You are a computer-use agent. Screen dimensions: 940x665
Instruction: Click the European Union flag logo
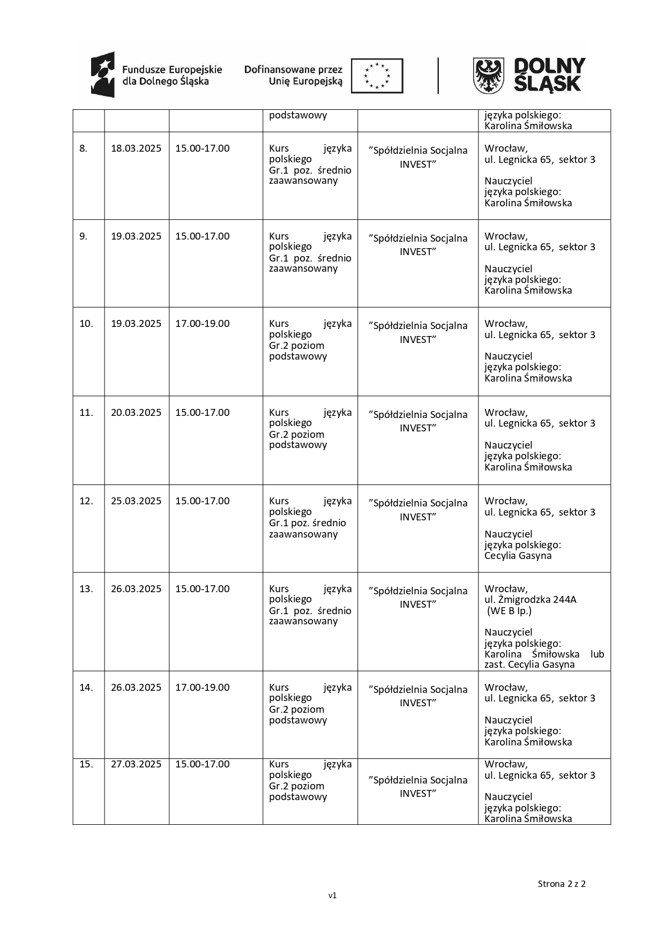tap(377, 76)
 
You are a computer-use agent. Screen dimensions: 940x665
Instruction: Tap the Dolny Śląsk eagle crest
tap(488, 76)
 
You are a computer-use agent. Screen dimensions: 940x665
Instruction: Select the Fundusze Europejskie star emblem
tap(103, 74)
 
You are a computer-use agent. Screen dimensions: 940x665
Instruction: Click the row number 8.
tap(83, 148)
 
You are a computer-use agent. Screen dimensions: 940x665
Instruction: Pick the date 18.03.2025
tap(136, 148)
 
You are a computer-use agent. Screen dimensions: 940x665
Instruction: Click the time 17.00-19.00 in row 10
tap(203, 324)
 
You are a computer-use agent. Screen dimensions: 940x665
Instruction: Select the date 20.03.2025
tap(136, 413)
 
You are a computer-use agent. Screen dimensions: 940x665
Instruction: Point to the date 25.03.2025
tap(136, 501)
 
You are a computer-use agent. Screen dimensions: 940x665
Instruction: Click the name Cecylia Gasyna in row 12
tap(518, 556)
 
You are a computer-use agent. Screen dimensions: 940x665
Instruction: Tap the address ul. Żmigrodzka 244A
tap(530, 600)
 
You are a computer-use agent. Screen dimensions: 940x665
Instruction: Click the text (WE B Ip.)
tap(509, 611)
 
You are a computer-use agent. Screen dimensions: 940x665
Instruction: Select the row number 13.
tap(86, 589)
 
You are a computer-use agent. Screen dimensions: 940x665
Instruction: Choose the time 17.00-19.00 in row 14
tap(203, 688)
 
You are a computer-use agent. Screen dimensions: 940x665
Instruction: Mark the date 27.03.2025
tap(136, 764)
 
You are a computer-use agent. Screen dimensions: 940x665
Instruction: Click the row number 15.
tap(86, 764)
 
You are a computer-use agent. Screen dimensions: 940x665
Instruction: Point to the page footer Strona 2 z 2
tap(562, 884)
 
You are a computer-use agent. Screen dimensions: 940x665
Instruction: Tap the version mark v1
tap(332, 895)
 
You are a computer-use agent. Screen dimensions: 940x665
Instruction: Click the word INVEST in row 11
tap(418, 428)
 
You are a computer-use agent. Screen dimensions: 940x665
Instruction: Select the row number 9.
tap(83, 236)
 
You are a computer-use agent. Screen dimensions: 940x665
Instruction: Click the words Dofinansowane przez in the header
tap(293, 70)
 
